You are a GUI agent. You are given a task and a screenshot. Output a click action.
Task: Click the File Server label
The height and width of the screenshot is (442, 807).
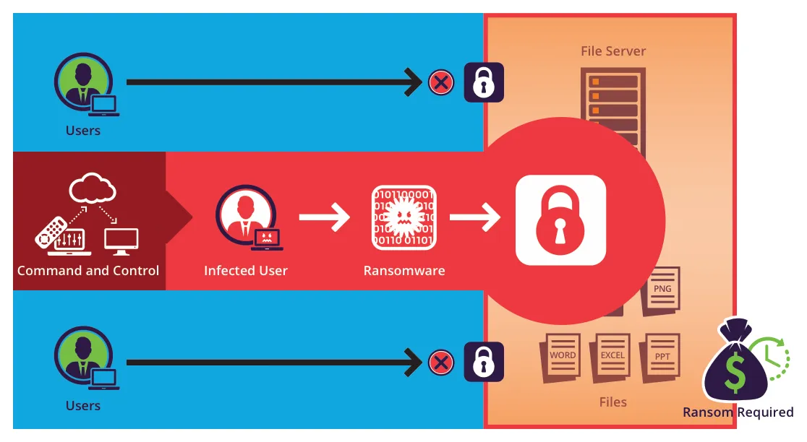click(x=613, y=51)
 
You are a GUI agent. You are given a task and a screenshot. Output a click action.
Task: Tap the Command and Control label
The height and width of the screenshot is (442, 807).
click(x=88, y=271)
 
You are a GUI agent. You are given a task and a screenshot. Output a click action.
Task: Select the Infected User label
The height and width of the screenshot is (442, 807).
click(x=246, y=271)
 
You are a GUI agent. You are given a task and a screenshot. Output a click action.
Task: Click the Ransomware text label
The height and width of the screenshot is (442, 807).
click(x=404, y=271)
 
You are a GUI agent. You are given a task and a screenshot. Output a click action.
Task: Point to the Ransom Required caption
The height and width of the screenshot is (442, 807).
click(x=738, y=412)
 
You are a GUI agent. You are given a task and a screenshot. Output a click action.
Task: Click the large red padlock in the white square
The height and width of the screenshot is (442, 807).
click(x=560, y=220)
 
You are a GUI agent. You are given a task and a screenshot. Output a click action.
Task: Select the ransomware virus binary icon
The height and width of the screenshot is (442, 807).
click(x=403, y=218)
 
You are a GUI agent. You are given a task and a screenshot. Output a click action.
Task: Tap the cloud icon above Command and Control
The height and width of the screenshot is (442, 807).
click(x=92, y=189)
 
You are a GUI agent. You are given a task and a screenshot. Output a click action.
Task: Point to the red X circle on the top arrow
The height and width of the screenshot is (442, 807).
click(x=440, y=82)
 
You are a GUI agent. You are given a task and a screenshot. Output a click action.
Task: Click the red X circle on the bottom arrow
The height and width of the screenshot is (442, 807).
click(x=440, y=362)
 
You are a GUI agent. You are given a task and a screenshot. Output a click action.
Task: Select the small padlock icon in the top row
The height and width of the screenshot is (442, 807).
click(x=483, y=82)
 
